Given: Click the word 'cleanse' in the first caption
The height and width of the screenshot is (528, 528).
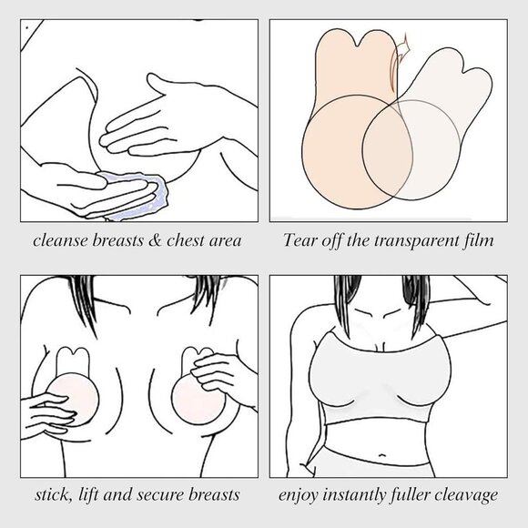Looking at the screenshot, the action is tap(60, 240).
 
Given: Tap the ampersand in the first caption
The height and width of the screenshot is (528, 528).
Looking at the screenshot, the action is tap(155, 240).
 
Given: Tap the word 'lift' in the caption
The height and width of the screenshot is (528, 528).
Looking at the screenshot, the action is tap(88, 494).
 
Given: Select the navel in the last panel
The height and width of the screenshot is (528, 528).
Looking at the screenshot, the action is tap(381, 455).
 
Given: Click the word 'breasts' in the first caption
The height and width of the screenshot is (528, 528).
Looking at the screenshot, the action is tap(117, 240).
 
